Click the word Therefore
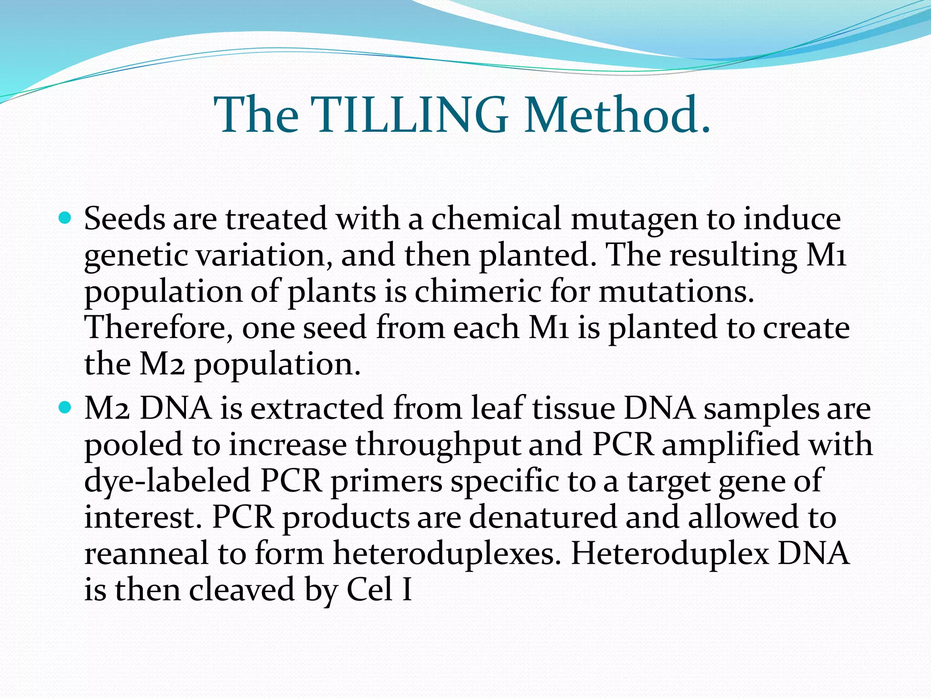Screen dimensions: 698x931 [x=159, y=328]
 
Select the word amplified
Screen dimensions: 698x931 [x=730, y=444]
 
